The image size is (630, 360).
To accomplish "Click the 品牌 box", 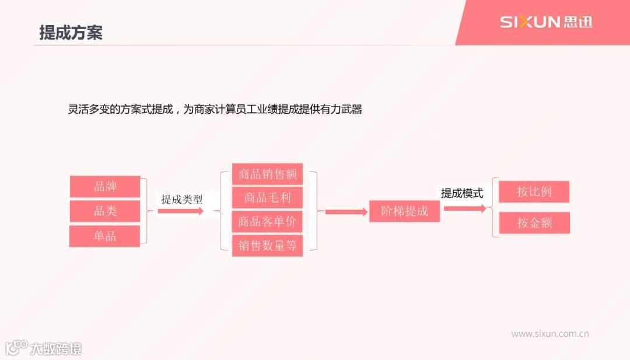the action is tap(105, 187).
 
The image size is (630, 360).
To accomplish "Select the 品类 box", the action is tap(105, 211).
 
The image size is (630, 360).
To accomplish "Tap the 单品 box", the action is tap(105, 236).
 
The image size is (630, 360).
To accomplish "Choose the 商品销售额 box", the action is tap(267, 174).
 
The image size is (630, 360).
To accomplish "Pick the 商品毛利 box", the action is tap(267, 198).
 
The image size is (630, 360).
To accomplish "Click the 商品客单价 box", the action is tap(267, 222).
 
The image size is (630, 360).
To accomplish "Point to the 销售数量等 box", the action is tap(267, 246).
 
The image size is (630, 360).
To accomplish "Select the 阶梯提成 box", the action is tap(404, 211).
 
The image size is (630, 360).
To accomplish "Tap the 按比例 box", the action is tap(534, 192).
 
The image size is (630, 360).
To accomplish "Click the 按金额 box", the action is tap(534, 223).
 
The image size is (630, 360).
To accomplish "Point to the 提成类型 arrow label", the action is tap(182, 199).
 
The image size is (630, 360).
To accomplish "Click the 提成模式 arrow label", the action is tap(462, 193).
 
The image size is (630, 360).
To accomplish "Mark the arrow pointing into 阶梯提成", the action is tap(346, 212).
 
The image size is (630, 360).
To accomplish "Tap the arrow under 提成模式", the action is tap(465, 208).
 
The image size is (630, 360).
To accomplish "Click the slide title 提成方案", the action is tap(71, 33).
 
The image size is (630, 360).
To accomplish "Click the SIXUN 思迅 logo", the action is tap(545, 22).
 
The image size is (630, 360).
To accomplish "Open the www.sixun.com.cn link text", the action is tap(549, 334).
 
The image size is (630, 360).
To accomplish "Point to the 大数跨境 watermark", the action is tap(44, 348).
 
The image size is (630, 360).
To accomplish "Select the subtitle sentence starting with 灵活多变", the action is tap(215, 109).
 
